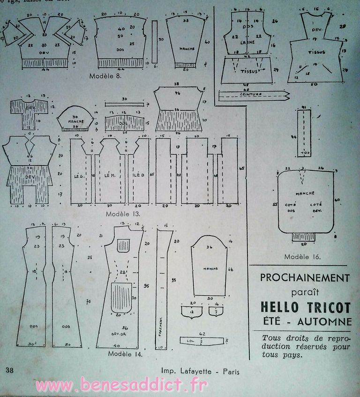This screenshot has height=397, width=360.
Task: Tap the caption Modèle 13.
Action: click(x=124, y=214)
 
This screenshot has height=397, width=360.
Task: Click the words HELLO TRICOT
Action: click(x=306, y=307)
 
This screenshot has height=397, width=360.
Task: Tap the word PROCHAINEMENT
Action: click(x=305, y=277)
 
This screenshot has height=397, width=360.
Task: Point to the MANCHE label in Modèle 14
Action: click(x=210, y=268)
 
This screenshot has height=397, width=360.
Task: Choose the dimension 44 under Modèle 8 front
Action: click(x=45, y=69)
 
